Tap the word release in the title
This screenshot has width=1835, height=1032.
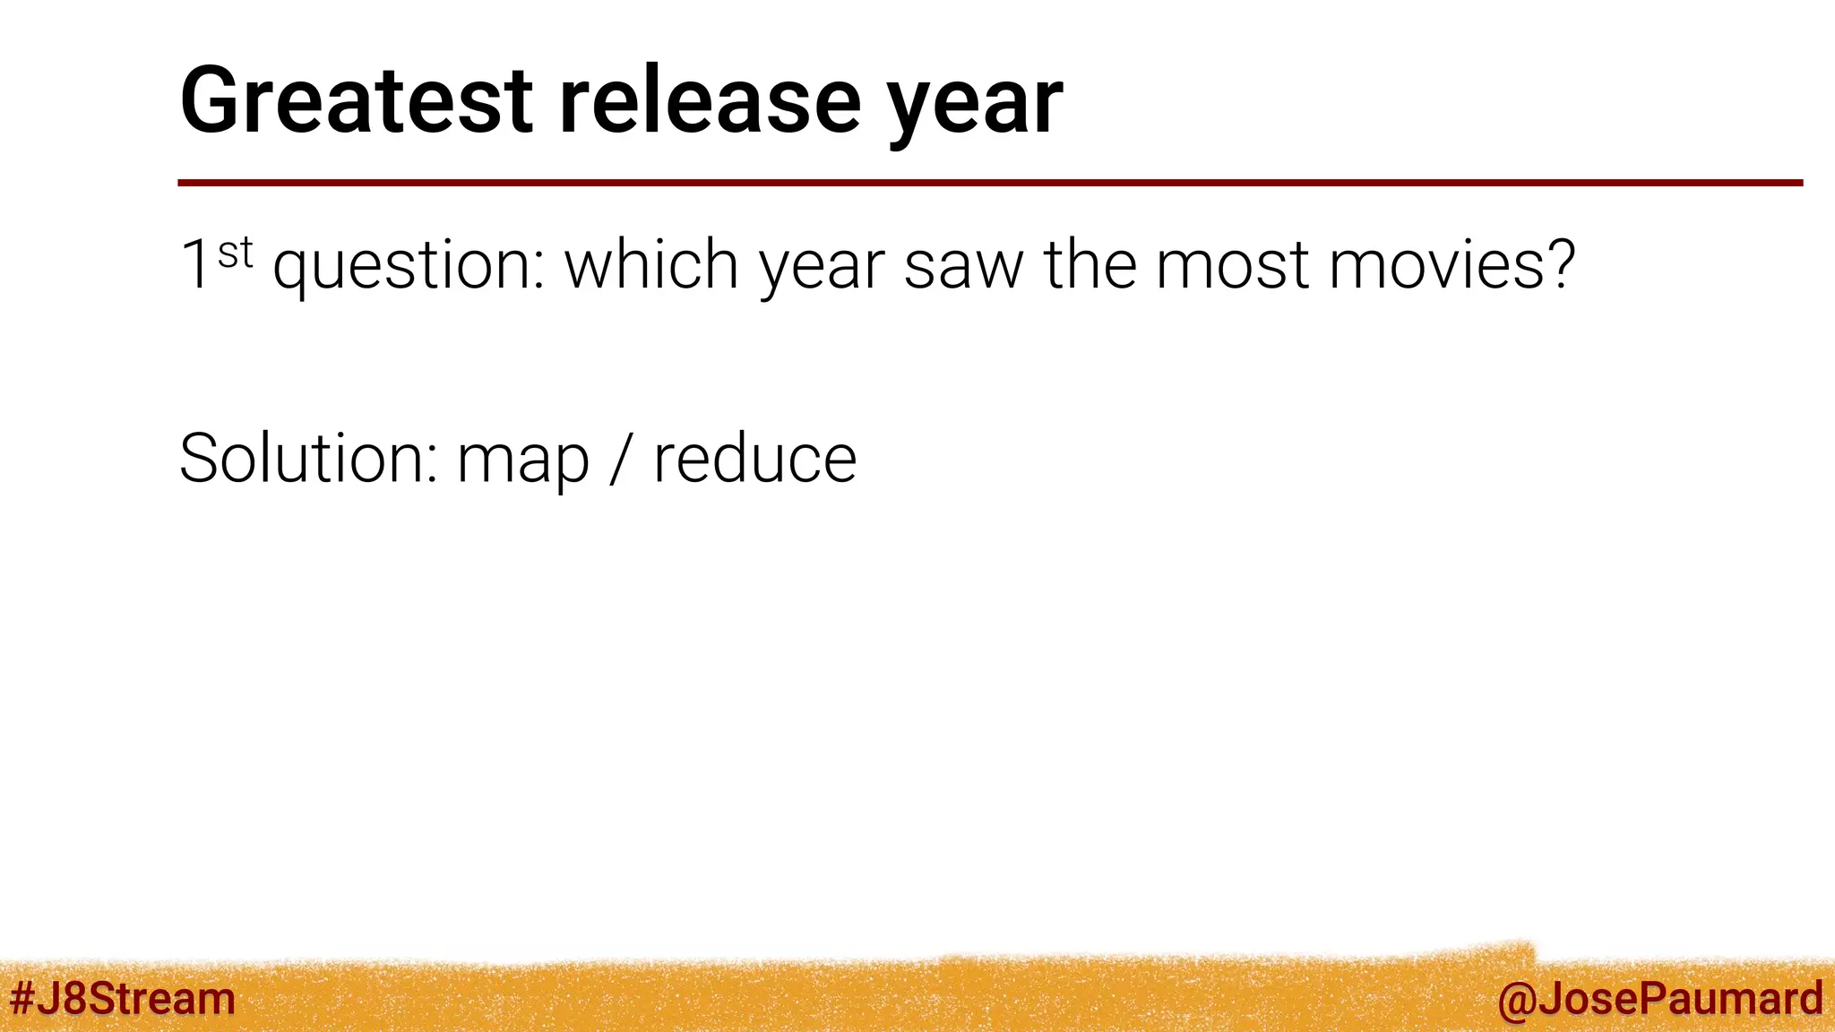[x=710, y=100]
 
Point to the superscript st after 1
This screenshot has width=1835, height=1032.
[x=236, y=253]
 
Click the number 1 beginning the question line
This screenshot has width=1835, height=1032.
[x=195, y=265]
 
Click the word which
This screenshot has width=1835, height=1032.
[x=650, y=265]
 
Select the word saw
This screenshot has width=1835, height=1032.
[x=963, y=267]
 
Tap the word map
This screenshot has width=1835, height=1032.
[x=523, y=464]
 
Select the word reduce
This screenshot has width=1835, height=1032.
[x=754, y=459]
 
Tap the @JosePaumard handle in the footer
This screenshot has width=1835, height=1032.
[x=1659, y=998]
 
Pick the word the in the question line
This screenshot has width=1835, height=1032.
[x=1090, y=265]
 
